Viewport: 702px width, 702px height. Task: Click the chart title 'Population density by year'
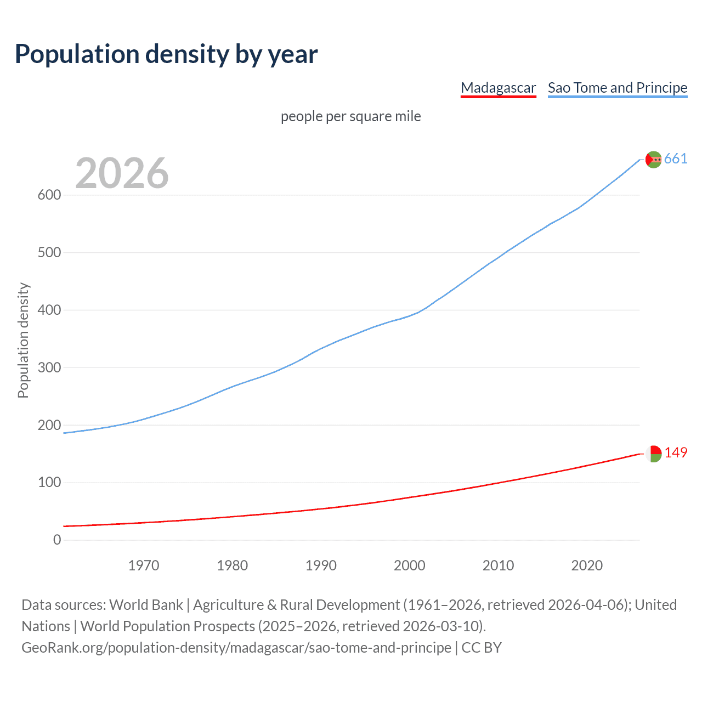166,54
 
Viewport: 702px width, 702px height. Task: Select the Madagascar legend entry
498,88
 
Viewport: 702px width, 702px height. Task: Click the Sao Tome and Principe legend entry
617,88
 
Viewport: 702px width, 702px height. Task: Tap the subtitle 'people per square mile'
350,116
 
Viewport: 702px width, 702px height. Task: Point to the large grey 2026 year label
122,173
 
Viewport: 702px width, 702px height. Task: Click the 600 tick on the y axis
49,195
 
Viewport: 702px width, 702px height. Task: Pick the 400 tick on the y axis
49,310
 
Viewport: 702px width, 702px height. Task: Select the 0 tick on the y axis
57,540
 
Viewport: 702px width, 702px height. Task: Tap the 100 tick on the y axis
49,483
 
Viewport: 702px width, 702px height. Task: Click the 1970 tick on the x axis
144,565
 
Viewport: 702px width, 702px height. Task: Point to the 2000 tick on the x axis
410,565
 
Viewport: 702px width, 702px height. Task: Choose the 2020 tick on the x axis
587,565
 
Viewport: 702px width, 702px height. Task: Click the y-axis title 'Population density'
23,340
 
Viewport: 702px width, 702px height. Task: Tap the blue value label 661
676,159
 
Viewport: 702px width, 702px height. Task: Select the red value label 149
676,453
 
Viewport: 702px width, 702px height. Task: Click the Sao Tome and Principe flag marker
653,160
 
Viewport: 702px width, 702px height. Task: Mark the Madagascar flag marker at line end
653,454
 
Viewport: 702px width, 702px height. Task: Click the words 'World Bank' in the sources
146,605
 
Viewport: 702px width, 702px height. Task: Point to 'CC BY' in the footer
482,648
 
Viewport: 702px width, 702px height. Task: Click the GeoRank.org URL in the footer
236,648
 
